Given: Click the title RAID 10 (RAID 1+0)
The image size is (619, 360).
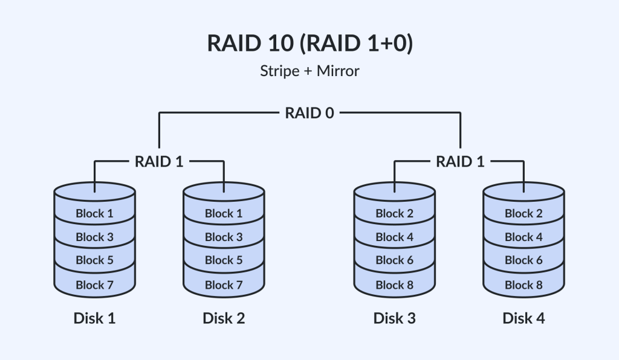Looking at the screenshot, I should tap(309, 45).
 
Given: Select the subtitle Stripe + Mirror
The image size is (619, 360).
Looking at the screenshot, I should tap(309, 71).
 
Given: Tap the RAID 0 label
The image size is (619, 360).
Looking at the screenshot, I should tap(309, 113).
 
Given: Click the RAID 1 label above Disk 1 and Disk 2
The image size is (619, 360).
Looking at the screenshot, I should tap(159, 161).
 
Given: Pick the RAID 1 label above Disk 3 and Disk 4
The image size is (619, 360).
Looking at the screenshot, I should tap(459, 161).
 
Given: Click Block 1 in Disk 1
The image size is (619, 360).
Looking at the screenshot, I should tap(94, 213).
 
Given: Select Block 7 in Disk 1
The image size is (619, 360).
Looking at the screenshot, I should tap(94, 284).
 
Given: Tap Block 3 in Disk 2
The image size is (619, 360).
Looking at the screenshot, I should tap(224, 237).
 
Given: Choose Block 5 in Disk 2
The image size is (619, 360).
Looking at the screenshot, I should tap(224, 260).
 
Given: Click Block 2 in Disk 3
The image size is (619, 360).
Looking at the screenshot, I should tap(394, 213).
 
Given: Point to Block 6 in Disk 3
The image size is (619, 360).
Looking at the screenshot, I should tap(394, 260).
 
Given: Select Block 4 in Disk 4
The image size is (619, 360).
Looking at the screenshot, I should tap(523, 237).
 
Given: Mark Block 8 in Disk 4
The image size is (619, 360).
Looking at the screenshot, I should tap(523, 284).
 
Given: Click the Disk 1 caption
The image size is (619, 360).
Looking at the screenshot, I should tap(94, 318).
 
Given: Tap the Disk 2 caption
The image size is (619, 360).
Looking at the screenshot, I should tap(224, 318).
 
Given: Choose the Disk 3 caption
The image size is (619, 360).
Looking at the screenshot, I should tap(394, 318).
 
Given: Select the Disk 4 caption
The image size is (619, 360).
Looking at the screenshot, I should tap(523, 318).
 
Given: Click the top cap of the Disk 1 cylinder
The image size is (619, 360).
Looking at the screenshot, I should tap(94, 192).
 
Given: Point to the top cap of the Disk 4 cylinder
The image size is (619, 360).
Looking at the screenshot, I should tap(523, 192).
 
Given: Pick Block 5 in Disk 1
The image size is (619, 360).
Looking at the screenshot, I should tap(94, 260).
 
